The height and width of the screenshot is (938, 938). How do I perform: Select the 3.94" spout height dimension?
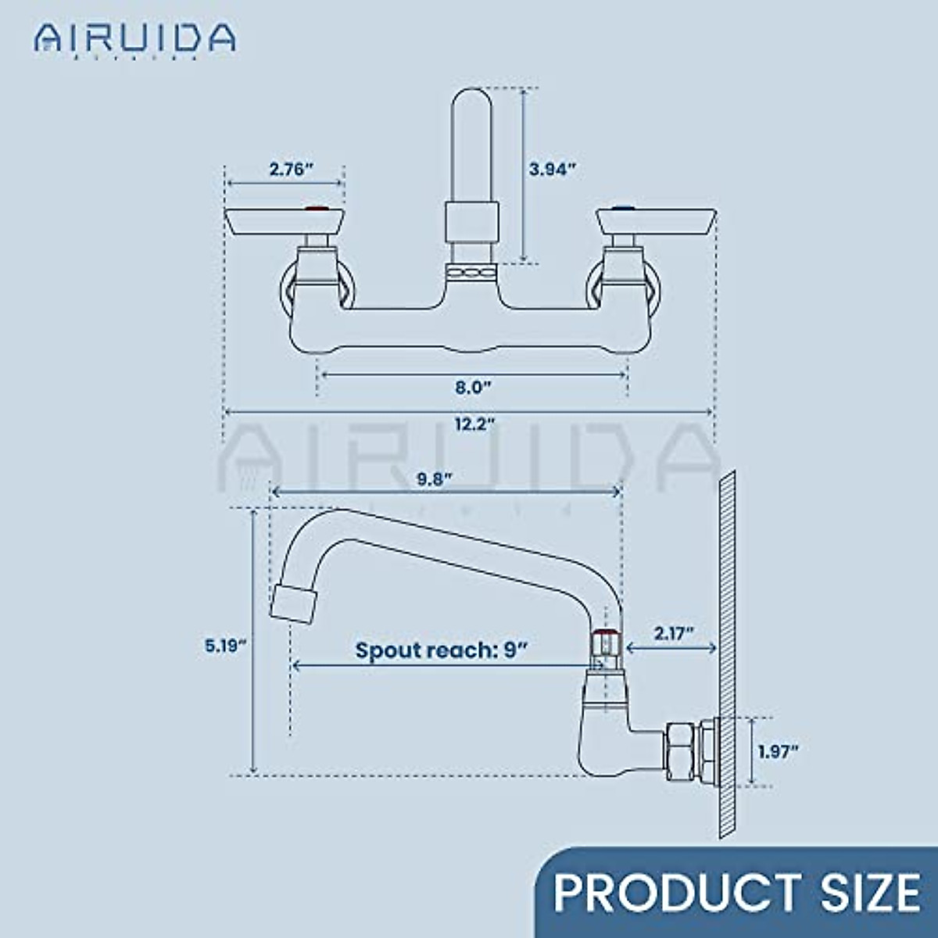[x=552, y=168]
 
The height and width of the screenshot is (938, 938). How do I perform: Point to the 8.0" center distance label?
[x=473, y=386]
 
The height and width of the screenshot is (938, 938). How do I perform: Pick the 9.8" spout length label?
[x=435, y=479]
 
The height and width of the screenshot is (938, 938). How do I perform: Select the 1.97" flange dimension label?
[x=778, y=751]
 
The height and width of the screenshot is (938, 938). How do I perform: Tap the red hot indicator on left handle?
[x=316, y=209]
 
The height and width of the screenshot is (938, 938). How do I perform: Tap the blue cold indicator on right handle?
[x=622, y=209]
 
